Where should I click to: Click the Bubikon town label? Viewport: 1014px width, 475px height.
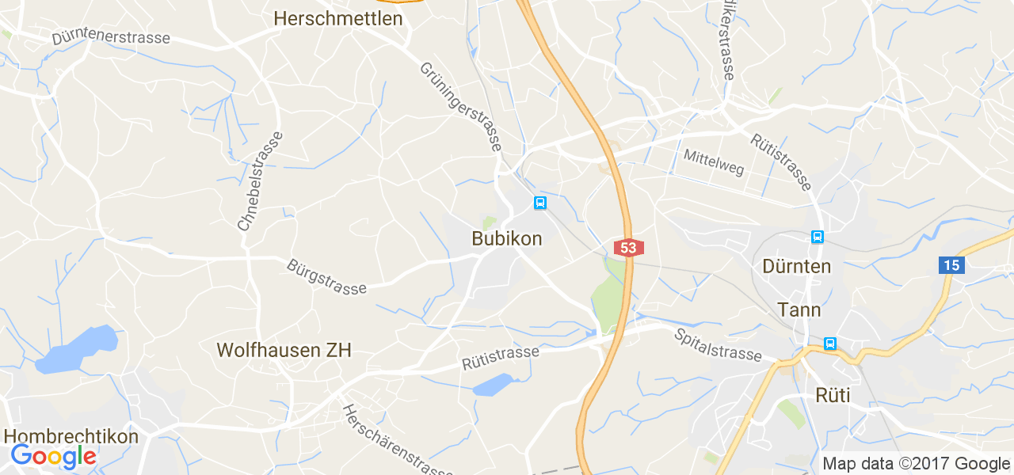(507, 238)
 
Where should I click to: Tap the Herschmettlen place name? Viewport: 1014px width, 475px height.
(338, 18)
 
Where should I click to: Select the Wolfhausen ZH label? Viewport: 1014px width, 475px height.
(284, 350)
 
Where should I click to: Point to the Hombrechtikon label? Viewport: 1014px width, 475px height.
(71, 436)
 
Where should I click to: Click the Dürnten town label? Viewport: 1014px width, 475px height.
(797, 266)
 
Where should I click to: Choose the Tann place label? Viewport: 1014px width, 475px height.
(799, 310)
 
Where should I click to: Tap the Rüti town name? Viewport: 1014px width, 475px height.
(833, 395)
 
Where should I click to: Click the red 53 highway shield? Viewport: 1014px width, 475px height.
(628, 248)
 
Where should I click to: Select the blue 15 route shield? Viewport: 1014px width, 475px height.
(952, 265)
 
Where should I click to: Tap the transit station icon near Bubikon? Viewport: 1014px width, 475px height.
(540, 203)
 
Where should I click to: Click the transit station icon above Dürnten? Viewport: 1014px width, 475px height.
(817, 237)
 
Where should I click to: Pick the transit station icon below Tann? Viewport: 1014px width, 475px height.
(829, 344)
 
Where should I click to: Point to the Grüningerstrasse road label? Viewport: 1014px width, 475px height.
(460, 107)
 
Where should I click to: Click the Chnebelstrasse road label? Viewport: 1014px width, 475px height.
(260, 181)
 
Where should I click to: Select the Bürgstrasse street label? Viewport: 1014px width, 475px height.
(327, 277)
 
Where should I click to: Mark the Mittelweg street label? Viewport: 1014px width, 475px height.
(714, 161)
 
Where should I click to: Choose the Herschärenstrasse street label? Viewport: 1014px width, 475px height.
(397, 440)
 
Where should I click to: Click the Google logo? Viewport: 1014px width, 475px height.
(53, 457)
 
